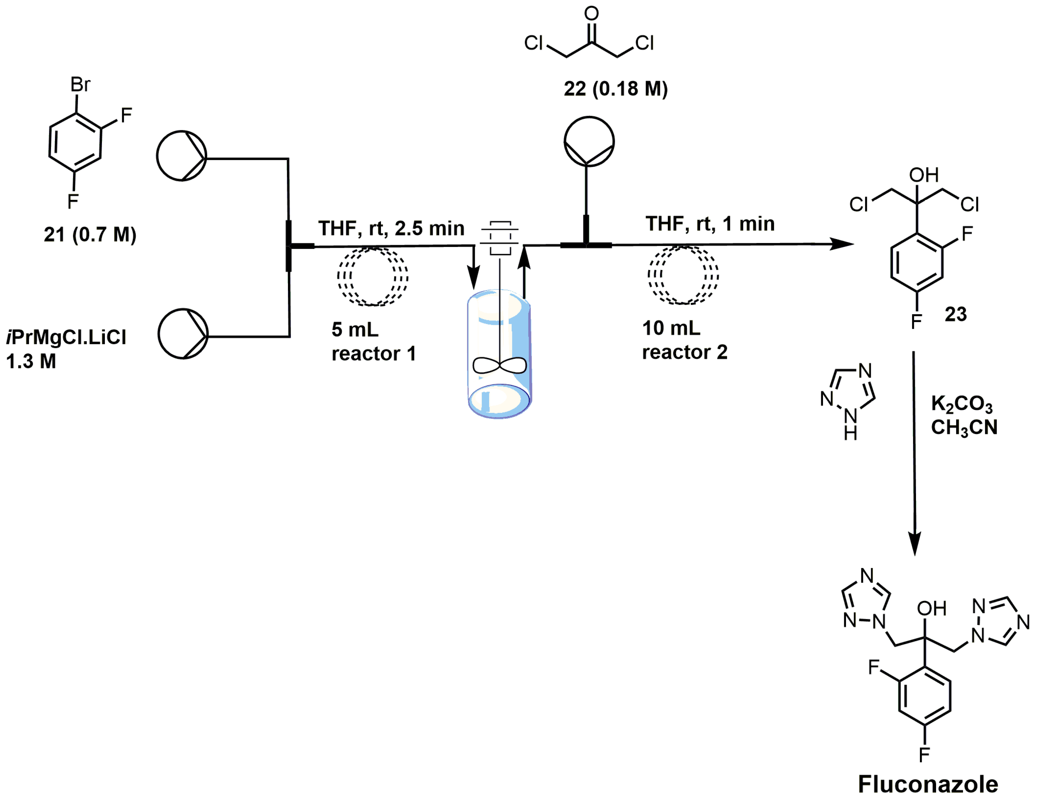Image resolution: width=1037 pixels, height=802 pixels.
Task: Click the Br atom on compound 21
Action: [x=80, y=84]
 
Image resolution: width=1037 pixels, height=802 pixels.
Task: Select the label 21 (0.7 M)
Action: [x=90, y=234]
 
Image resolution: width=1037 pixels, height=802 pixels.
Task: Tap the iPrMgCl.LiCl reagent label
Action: [x=66, y=337]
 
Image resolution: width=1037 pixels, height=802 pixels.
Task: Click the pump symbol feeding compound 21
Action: [x=181, y=156]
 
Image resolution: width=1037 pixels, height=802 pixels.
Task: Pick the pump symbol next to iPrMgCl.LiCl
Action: [x=183, y=334]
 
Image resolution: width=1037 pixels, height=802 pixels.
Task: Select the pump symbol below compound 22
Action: [x=589, y=141]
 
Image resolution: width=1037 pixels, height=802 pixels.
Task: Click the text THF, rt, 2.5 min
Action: [x=391, y=228]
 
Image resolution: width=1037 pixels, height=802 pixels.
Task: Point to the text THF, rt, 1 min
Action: [x=710, y=224]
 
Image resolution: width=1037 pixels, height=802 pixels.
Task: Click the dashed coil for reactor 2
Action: [x=683, y=275]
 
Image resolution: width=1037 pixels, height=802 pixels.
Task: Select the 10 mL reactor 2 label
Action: [x=684, y=340]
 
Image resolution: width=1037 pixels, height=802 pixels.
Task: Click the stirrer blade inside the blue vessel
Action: [x=499, y=365]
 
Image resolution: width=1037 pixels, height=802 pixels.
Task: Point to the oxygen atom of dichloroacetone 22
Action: [x=591, y=13]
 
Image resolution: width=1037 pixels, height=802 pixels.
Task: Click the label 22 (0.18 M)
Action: [x=615, y=89]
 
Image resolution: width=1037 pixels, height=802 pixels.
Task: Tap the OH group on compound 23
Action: [x=924, y=175]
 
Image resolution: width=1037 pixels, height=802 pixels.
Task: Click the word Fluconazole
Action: [x=928, y=784]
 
